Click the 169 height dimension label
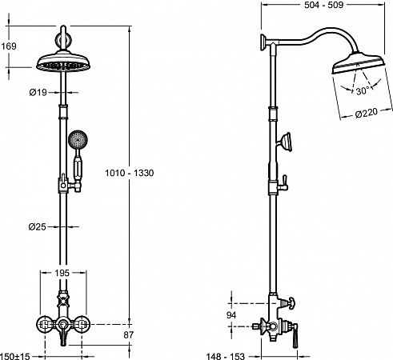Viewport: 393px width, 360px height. click(x=9, y=46)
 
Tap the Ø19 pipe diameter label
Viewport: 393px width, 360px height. click(x=38, y=93)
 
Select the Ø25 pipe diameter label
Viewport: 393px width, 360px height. click(x=38, y=227)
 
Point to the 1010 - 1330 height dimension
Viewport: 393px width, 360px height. click(x=130, y=173)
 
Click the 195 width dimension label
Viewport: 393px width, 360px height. click(x=62, y=273)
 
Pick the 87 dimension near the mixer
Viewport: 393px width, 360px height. click(x=128, y=335)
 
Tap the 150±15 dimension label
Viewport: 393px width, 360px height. click(x=15, y=356)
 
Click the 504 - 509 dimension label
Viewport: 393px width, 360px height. click(x=323, y=5)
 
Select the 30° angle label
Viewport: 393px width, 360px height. click(x=363, y=90)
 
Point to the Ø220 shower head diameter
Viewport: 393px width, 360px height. click(x=367, y=113)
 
